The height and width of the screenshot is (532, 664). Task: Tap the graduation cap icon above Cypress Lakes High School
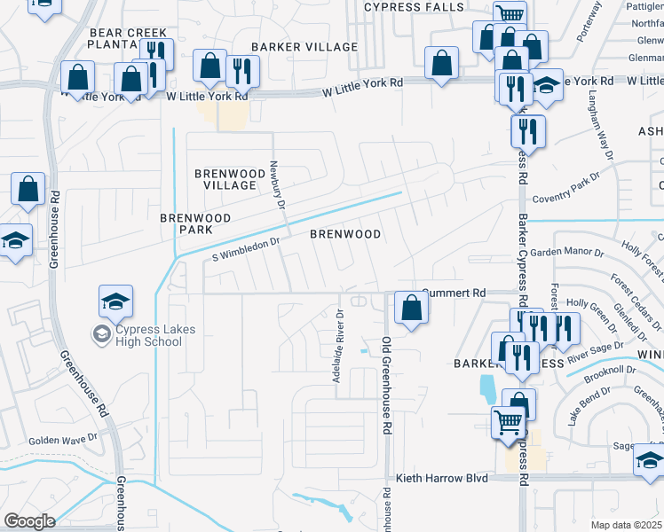115,303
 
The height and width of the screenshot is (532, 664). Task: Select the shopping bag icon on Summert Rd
412,309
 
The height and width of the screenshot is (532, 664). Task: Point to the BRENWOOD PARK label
195,223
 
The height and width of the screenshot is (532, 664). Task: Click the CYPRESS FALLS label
415,7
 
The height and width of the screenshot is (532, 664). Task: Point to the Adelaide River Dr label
338,346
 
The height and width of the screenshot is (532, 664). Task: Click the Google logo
28,521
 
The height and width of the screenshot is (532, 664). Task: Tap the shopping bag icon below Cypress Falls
441,64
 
